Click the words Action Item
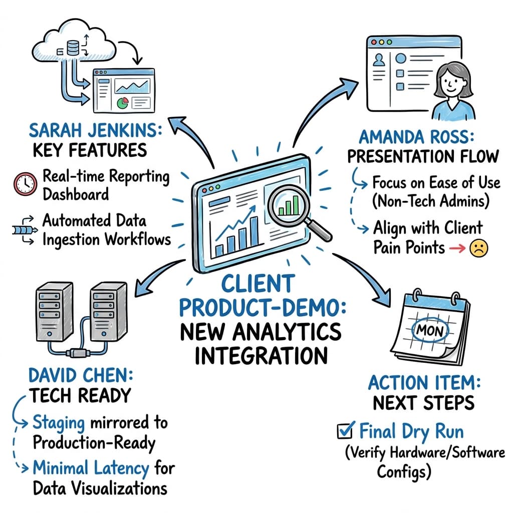click(x=424, y=383)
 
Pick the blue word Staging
click(x=59, y=422)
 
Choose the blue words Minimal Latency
click(x=91, y=468)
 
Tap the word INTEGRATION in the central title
click(x=261, y=355)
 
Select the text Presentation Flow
click(x=423, y=156)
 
